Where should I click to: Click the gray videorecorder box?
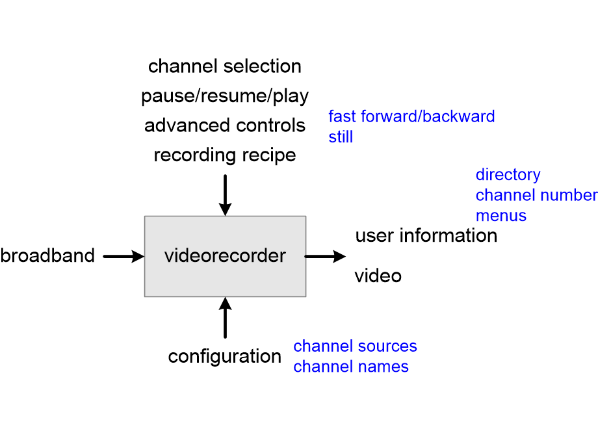click(x=225, y=256)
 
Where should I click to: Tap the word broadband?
click(x=47, y=256)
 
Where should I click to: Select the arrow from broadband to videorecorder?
click(x=123, y=257)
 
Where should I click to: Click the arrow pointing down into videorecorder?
click(x=225, y=194)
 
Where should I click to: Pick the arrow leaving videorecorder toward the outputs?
click(x=325, y=257)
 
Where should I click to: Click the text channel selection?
click(x=225, y=66)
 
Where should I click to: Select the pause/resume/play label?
click(x=225, y=96)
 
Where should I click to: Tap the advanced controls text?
click(x=225, y=125)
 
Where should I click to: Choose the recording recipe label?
click(x=225, y=155)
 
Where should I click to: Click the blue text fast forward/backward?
click(x=411, y=116)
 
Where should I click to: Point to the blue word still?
click(x=341, y=137)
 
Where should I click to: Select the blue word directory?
click(x=508, y=175)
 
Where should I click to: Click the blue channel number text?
click(x=536, y=195)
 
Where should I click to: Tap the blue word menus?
click(x=500, y=215)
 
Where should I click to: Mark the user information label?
click(x=426, y=235)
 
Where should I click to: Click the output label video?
click(x=378, y=276)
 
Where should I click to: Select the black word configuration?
click(x=225, y=357)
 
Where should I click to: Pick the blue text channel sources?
click(x=355, y=346)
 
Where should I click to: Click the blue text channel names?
click(x=351, y=367)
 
